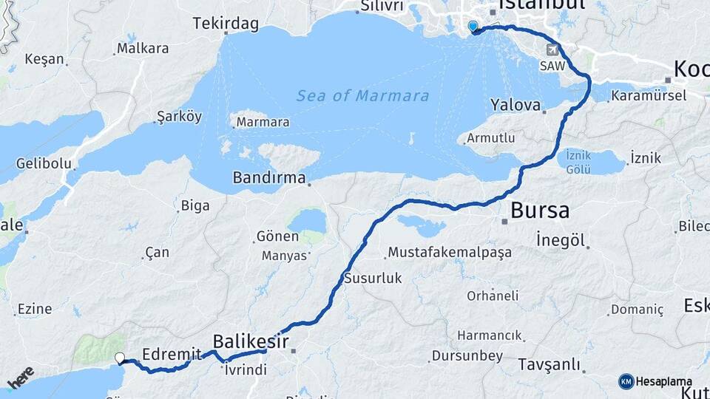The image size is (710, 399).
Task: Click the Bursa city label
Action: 540,211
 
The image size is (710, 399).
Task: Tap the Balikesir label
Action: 250,341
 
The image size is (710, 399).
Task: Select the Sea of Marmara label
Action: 362,96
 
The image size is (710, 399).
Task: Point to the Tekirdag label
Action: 226,24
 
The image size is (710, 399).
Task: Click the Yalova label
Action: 515,105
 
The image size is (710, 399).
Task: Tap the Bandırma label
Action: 269,177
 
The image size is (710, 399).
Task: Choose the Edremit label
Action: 166,353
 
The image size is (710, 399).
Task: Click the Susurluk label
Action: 373,279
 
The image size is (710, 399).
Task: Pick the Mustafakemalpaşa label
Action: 450,253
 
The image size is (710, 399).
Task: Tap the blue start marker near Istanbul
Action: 473,27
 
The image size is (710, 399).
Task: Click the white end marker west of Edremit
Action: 120,358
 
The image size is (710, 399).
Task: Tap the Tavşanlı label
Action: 548,365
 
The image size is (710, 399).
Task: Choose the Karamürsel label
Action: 649,95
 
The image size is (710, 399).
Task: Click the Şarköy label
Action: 179,117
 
